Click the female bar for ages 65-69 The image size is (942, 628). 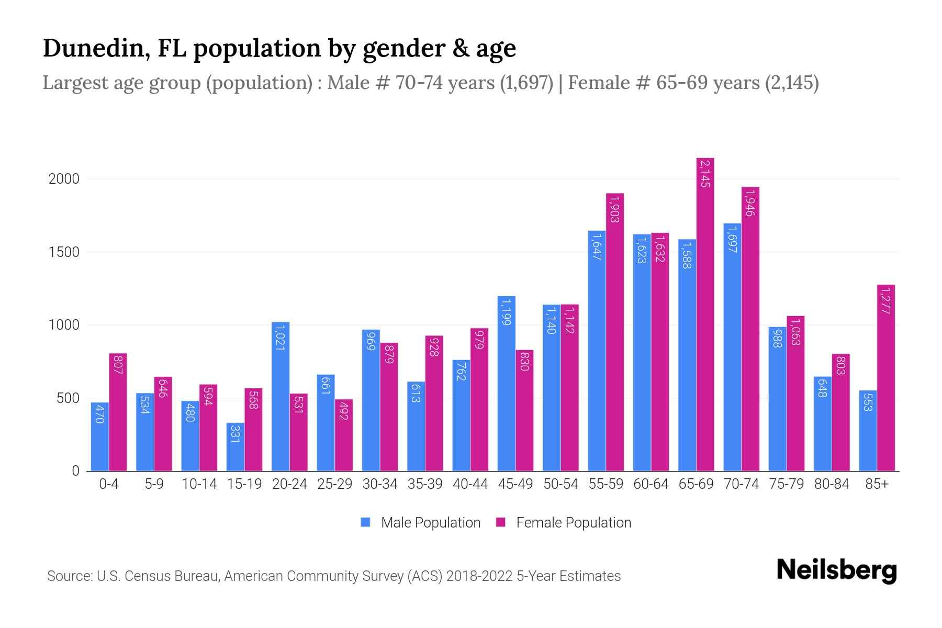(x=705, y=314)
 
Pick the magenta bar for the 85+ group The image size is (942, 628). (x=886, y=377)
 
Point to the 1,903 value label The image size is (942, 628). (x=615, y=209)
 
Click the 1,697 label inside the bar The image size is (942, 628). (x=732, y=240)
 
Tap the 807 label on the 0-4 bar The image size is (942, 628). (x=118, y=365)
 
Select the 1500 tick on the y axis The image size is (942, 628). (x=64, y=252)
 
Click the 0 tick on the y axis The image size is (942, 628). (x=75, y=471)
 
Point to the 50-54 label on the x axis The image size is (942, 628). (x=560, y=484)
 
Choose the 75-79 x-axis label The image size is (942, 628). (x=787, y=484)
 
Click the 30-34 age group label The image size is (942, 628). (x=380, y=484)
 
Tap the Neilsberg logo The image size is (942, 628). (x=837, y=570)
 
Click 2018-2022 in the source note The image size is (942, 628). (x=479, y=576)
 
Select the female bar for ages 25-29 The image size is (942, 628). (x=344, y=435)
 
